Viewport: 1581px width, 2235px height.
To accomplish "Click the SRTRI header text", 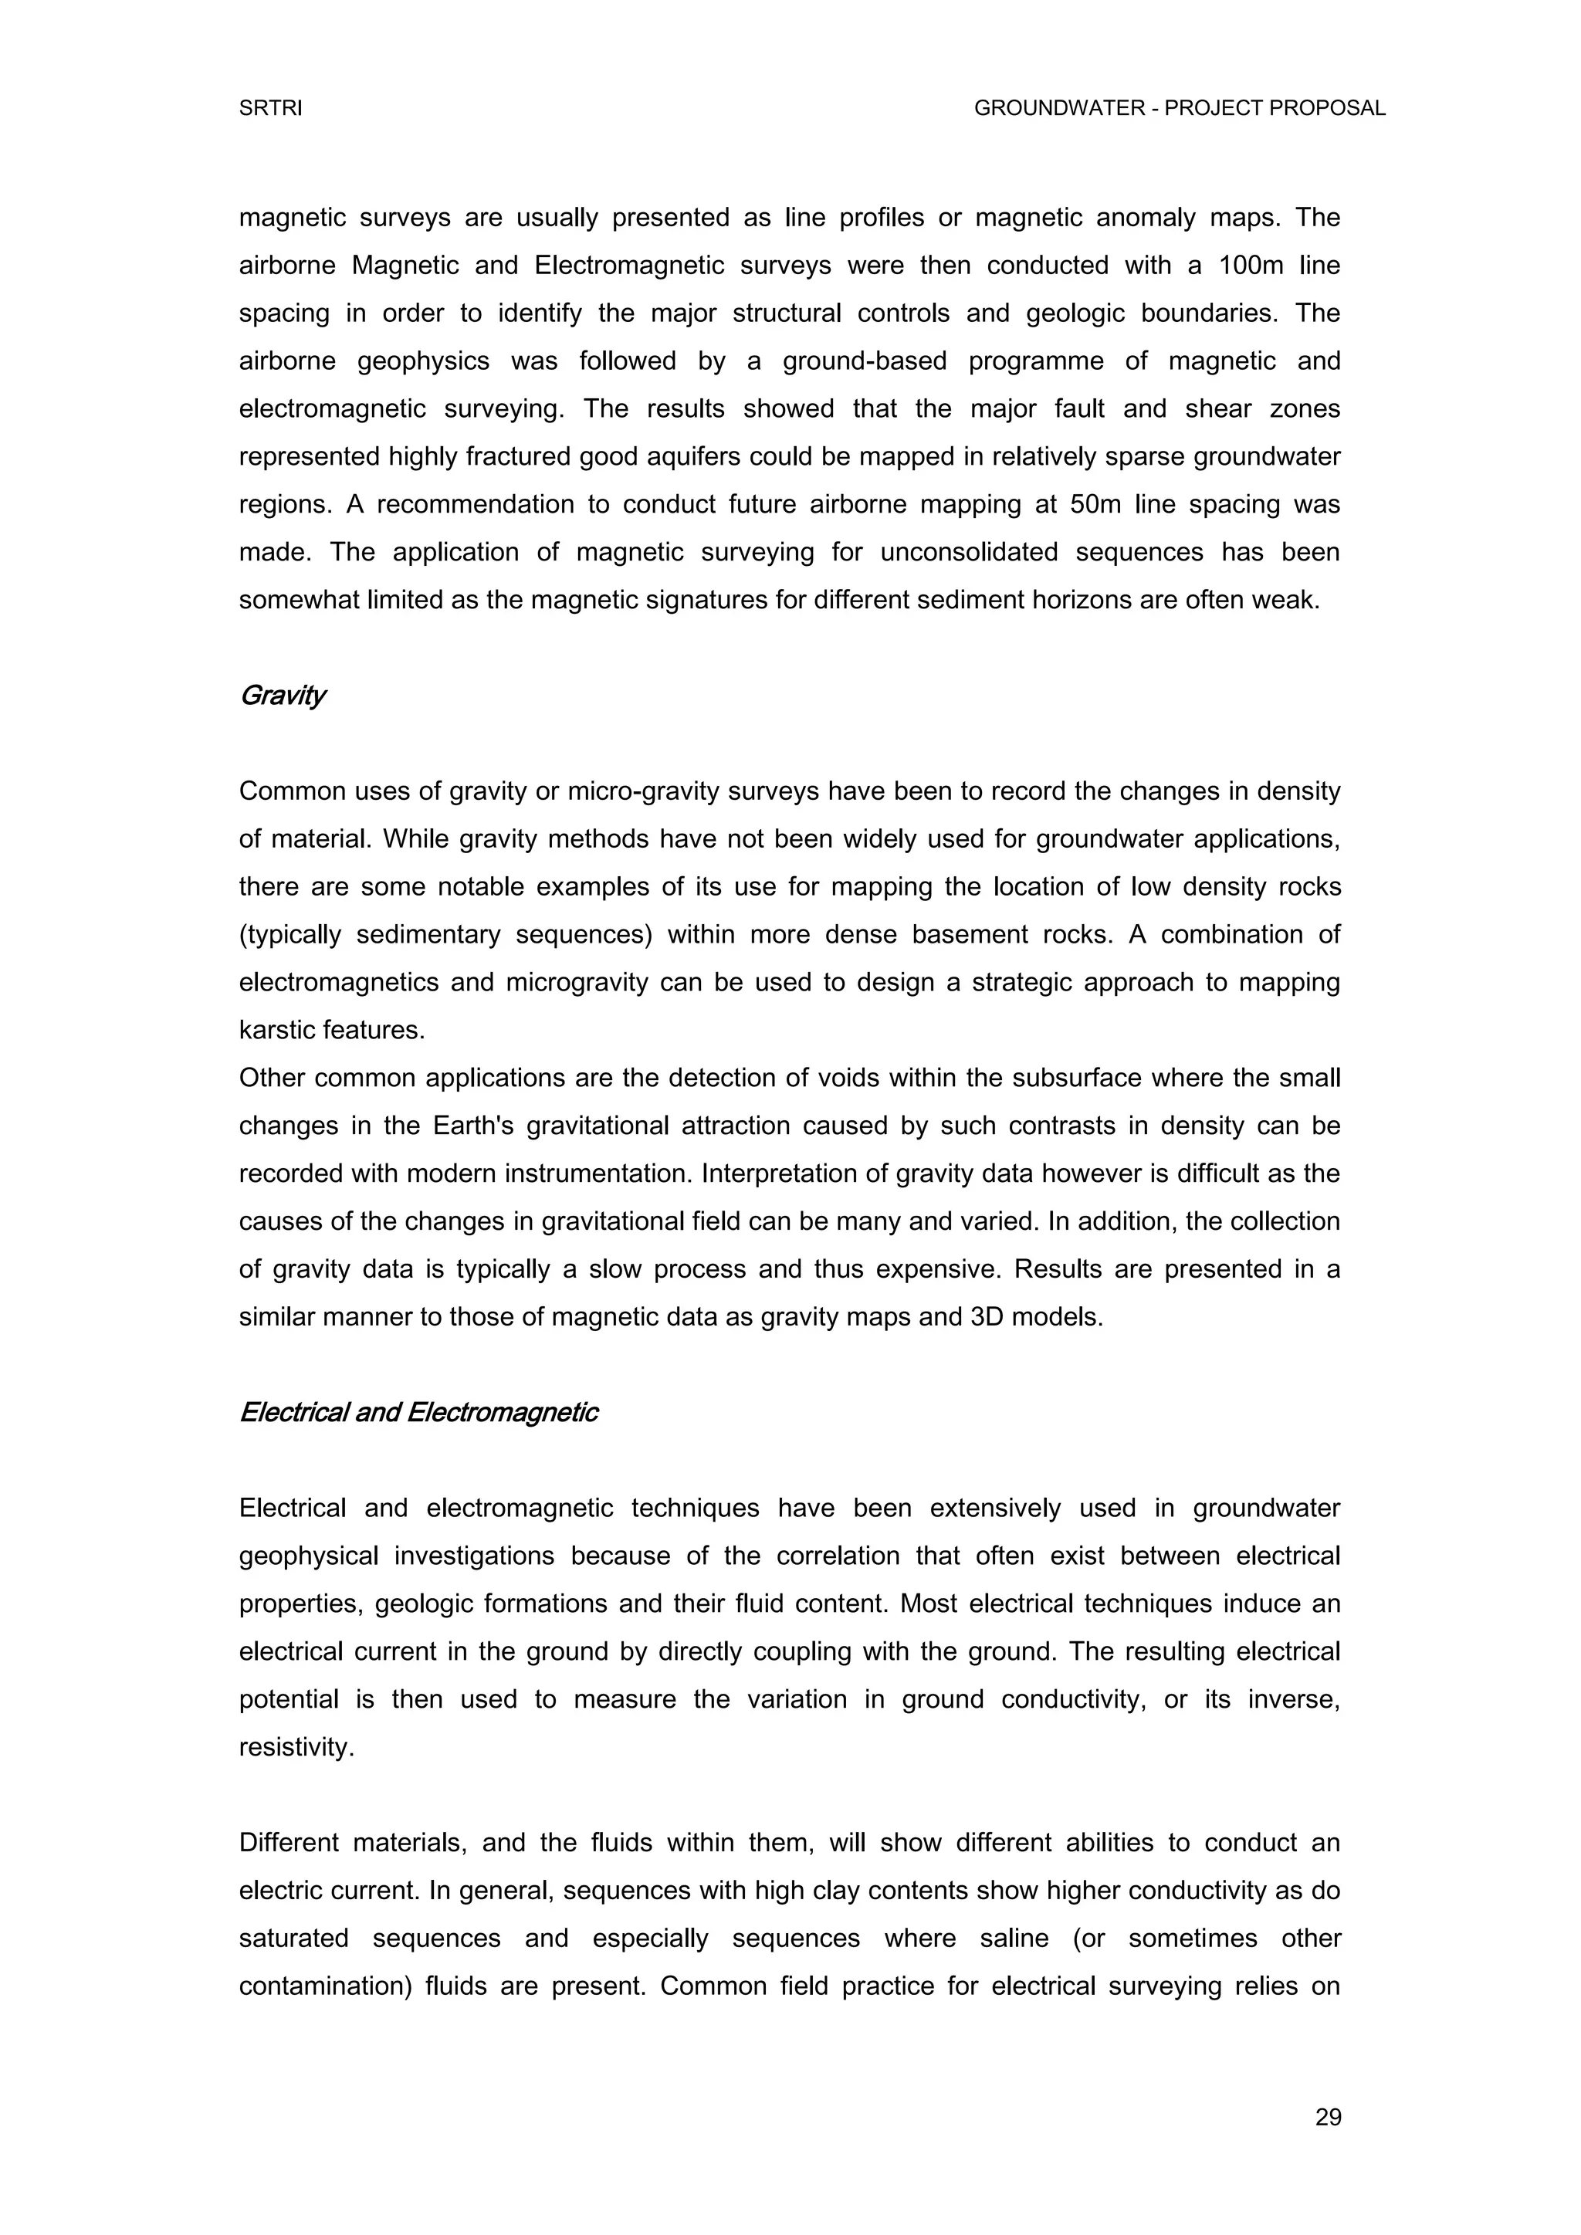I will (271, 109).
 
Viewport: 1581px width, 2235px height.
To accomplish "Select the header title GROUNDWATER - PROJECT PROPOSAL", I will (1179, 109).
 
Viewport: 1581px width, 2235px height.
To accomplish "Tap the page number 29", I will (1328, 2117).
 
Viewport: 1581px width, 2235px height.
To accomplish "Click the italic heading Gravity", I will (283, 696).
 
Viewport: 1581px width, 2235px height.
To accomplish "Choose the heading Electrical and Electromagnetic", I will (418, 1413).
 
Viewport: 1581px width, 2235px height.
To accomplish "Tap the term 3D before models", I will (988, 1318).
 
